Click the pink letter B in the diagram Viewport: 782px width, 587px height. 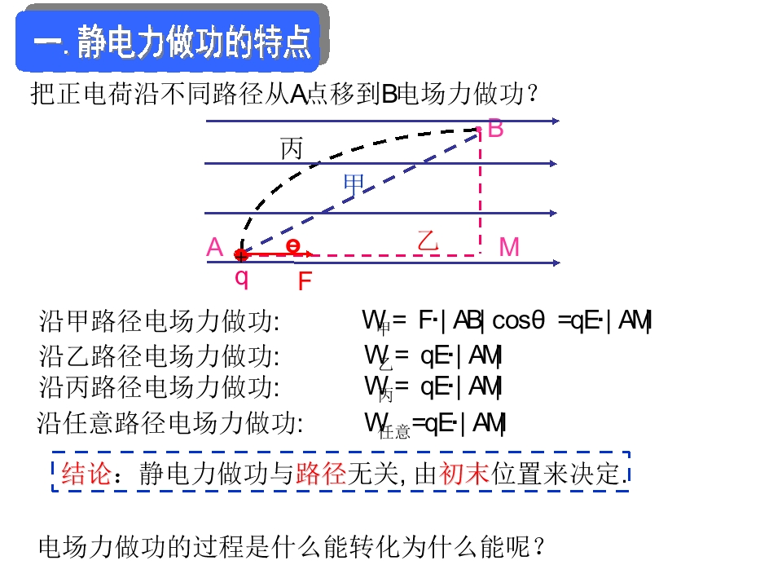click(x=496, y=128)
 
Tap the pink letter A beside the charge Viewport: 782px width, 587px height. click(x=214, y=247)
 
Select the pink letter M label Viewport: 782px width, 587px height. click(x=509, y=247)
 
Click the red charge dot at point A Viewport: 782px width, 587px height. click(x=241, y=255)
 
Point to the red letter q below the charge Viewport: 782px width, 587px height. click(x=241, y=277)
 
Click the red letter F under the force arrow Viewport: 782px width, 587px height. click(x=305, y=281)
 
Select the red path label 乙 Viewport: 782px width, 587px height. click(x=428, y=241)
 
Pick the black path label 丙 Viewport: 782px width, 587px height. click(x=292, y=148)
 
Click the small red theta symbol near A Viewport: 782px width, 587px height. click(x=292, y=245)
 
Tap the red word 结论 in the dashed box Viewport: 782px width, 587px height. click(x=86, y=473)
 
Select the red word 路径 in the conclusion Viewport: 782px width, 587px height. click(x=321, y=473)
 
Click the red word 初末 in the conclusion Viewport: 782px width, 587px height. click(x=463, y=473)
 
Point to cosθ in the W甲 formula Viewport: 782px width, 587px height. click(x=518, y=320)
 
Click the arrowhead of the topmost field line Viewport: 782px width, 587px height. click(x=556, y=121)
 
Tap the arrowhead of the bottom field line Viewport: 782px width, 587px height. click(x=556, y=263)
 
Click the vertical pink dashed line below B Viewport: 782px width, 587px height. click(x=480, y=192)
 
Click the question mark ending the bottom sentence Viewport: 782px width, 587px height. click(x=538, y=546)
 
